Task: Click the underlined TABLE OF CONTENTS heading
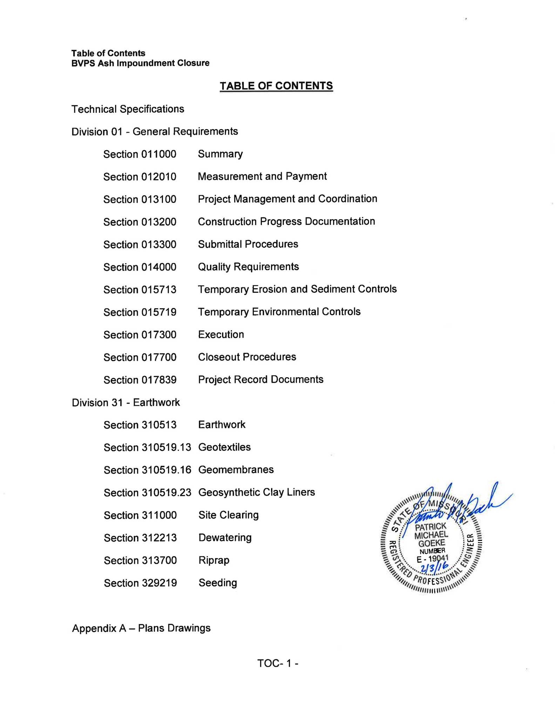coord(276,86)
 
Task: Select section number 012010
coord(158,177)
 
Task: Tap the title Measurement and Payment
coord(262,176)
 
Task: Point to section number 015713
coord(158,290)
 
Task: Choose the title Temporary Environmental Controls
coord(279,312)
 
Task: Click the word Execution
coord(221,334)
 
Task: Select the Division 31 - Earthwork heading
coord(126,402)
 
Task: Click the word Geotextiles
coord(224,447)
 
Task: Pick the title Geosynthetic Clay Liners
coord(256,492)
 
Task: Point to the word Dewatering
coord(225,537)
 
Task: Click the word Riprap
coord(214,560)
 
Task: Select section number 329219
coord(159,583)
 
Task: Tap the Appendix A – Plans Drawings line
coord(141,628)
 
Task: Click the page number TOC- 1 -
coord(277,663)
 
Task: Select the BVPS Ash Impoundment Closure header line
coord(140,63)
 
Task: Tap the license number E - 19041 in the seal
coord(433,559)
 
